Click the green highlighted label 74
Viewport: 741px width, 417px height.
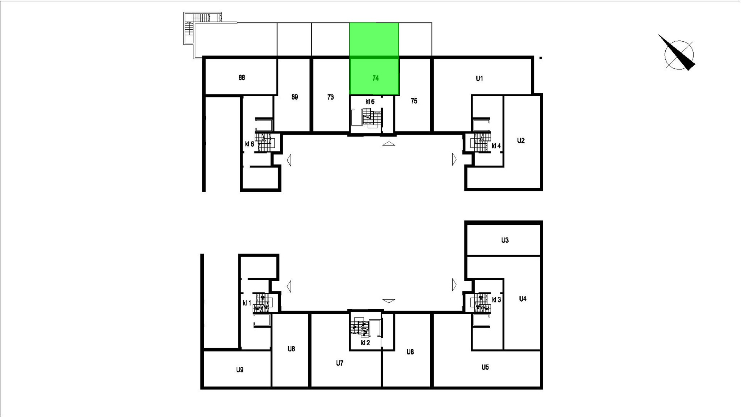(376, 78)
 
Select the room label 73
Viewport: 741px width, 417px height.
(330, 97)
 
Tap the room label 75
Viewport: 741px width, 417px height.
(414, 101)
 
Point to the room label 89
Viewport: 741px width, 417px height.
(295, 97)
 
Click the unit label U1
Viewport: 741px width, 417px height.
(479, 79)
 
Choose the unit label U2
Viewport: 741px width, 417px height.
(521, 141)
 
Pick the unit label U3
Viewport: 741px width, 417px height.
(505, 240)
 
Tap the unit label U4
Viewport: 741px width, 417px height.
(522, 299)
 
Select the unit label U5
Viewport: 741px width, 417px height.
(485, 367)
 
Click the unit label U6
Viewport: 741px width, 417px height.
(410, 352)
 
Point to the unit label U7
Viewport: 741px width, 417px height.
(339, 363)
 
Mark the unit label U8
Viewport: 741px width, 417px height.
(291, 349)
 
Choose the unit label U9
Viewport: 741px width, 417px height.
(240, 370)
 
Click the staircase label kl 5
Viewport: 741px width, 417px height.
(370, 102)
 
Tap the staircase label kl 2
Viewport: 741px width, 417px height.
(365, 343)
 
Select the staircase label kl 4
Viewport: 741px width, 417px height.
(496, 146)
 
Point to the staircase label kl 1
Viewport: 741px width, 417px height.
(247, 303)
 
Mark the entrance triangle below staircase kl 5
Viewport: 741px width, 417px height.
(389, 144)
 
